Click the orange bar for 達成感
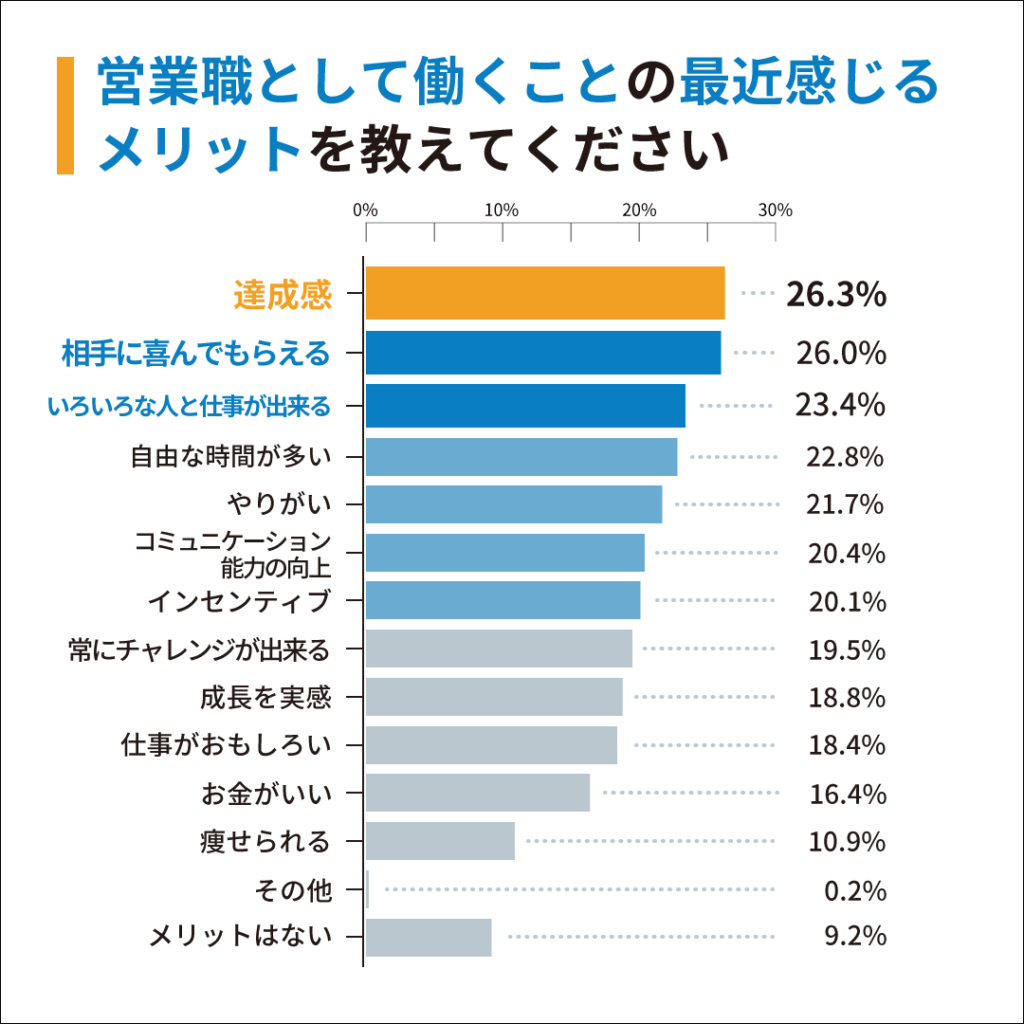tap(545, 293)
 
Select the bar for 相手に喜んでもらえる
tap(543, 352)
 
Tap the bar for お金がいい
tap(477, 793)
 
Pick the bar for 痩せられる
tap(440, 841)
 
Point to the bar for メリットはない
tap(428, 937)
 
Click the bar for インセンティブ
tap(503, 600)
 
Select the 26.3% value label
tap(836, 295)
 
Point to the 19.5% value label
tap(847, 650)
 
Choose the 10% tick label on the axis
tap(500, 210)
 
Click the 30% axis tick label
tap(775, 210)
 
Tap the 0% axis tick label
tap(365, 210)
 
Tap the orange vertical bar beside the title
tap(65, 116)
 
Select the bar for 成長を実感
tap(494, 697)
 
